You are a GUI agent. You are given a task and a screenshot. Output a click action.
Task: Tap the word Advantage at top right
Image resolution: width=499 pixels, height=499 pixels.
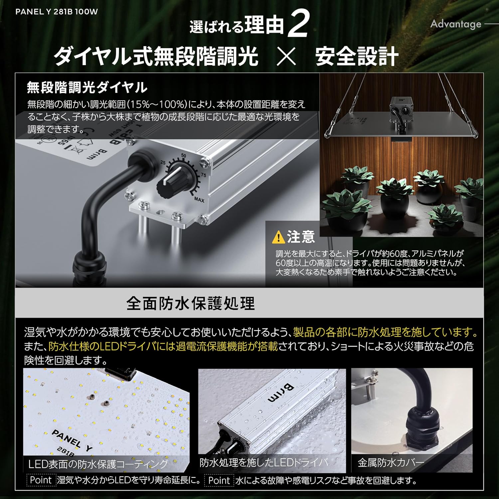[455, 24]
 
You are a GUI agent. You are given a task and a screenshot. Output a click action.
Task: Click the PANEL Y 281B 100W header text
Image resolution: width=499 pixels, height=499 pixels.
[57, 12]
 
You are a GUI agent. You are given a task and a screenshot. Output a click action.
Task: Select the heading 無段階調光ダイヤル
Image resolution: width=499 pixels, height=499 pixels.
[87, 87]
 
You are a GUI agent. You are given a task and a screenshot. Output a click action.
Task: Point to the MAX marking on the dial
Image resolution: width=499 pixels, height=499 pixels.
[199, 200]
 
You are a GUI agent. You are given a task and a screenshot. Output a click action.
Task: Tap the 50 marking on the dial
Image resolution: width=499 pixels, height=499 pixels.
[183, 156]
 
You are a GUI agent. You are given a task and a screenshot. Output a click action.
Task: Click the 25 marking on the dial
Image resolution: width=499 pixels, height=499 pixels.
[163, 163]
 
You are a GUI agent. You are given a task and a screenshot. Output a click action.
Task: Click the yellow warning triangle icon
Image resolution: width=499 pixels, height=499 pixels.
[278, 237]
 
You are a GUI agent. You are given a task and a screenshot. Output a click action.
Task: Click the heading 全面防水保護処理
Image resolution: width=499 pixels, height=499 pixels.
[190, 303]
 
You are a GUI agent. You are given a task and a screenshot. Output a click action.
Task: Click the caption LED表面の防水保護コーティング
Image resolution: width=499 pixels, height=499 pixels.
[98, 464]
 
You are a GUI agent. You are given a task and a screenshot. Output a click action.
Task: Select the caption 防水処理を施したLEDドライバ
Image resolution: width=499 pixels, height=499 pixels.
[263, 462]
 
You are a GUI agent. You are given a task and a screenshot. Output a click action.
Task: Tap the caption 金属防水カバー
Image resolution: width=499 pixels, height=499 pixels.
[391, 462]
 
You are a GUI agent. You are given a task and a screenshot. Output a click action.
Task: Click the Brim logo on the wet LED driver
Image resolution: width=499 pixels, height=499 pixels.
[281, 393]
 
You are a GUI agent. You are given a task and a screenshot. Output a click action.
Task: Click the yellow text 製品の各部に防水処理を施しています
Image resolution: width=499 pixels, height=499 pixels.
[385, 332]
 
